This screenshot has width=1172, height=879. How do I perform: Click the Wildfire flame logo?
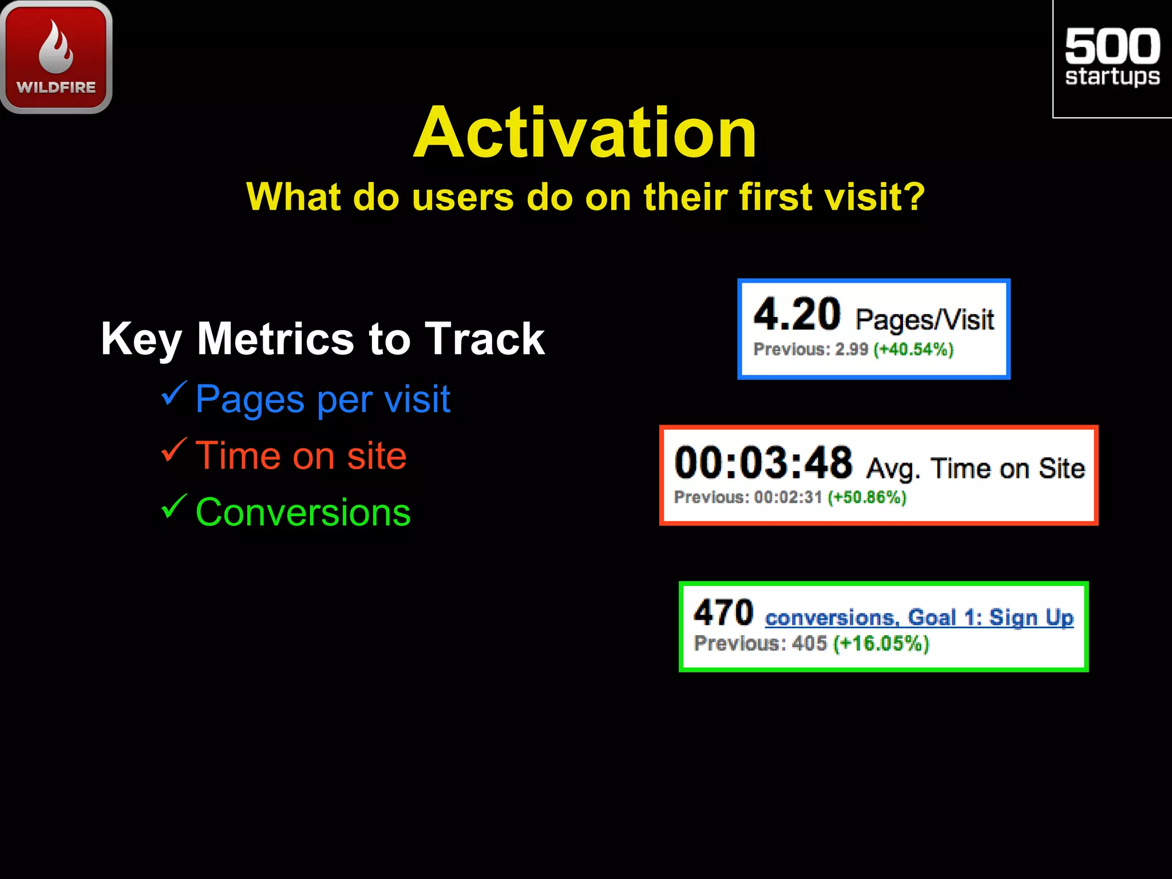[56, 56]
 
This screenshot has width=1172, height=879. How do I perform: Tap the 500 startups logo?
[1112, 57]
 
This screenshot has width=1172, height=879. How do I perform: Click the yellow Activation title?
[585, 133]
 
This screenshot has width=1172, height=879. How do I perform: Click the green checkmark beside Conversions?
[173, 506]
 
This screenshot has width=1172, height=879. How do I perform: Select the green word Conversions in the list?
[303, 512]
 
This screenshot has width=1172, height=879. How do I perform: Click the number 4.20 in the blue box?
[797, 315]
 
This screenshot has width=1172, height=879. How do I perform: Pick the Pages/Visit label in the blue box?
[924, 320]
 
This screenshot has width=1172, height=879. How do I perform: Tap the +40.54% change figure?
[913, 349]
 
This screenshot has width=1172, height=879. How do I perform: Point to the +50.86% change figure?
[867, 497]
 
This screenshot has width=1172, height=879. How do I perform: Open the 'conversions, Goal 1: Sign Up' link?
[919, 617]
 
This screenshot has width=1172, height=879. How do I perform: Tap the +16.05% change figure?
[881, 643]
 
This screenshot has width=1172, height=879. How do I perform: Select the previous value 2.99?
[852, 349]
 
